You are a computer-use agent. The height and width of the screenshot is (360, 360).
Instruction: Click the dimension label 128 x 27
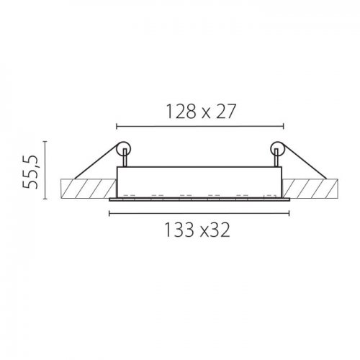coord(201,112)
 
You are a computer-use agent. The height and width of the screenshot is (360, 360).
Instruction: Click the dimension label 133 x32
coord(197,230)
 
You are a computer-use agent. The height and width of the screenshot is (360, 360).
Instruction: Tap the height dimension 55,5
coord(30,171)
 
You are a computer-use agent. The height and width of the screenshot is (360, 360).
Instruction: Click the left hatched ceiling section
coord(89,189)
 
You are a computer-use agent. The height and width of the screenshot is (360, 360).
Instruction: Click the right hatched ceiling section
coord(310,189)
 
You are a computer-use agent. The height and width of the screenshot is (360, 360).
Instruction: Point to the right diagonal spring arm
coord(304,161)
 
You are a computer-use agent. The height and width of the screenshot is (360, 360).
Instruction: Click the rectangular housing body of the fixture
coord(199,182)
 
